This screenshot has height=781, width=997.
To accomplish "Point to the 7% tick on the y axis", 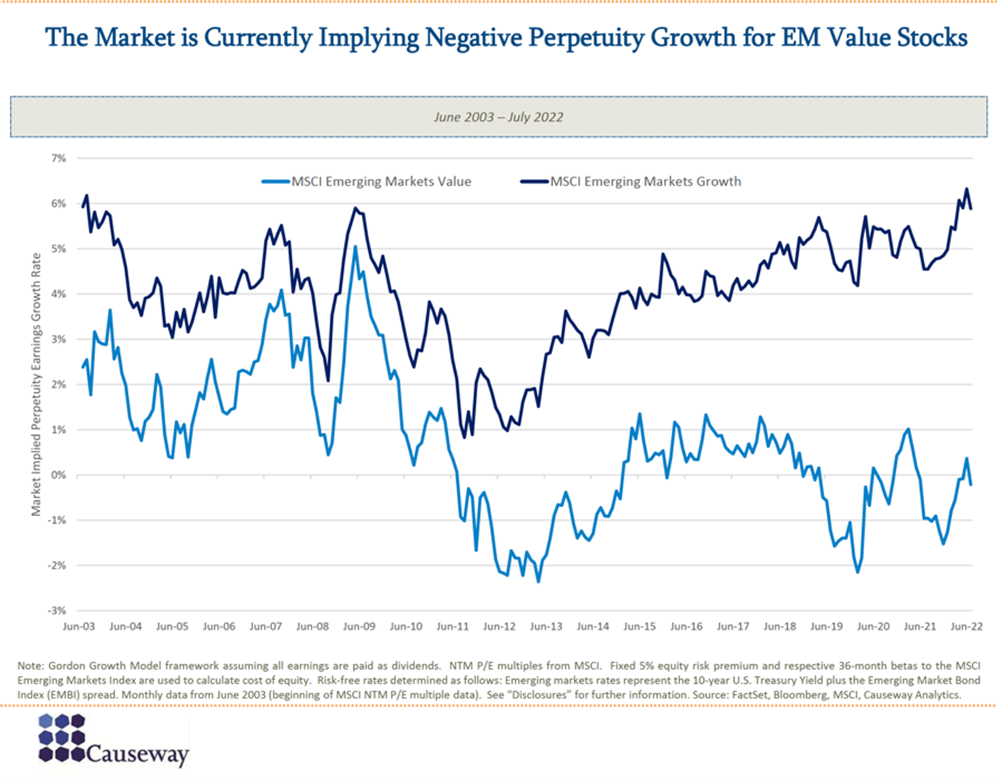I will pos(58,159).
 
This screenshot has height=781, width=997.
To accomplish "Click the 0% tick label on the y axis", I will pos(58,475).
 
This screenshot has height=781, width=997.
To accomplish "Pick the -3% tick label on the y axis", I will pos(57,611).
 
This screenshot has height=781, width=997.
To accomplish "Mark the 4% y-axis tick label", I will pos(58,294).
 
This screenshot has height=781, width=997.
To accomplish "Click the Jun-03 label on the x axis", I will pos(78,626).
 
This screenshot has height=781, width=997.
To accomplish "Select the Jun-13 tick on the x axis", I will pos(546,626).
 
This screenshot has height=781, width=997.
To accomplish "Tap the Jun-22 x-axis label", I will pos(966,626).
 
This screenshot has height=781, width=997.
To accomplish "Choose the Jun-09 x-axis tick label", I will pos(359,626).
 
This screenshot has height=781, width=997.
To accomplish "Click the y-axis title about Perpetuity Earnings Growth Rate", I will pos(36,385).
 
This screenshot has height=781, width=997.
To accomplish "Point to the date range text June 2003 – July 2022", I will pos(498,117).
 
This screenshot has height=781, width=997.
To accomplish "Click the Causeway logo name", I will pos(138,754).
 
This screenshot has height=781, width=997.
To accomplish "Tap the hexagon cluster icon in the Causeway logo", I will pos(62,738).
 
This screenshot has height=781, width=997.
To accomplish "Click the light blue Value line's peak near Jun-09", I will pos(355,247).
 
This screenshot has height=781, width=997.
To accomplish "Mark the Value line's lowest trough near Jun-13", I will pos(538,581).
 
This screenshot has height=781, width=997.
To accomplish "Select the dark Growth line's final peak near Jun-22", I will pos(966,189).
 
